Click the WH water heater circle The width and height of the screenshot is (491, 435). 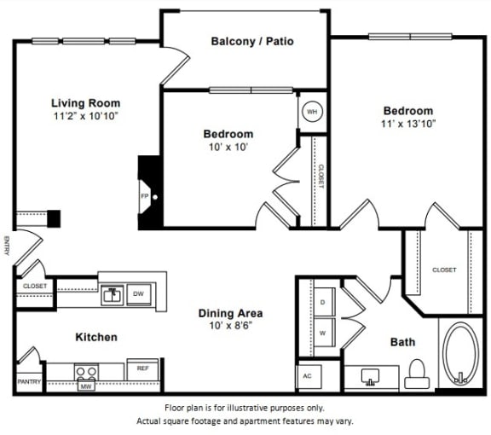(312, 112)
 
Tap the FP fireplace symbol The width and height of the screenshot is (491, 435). (145, 195)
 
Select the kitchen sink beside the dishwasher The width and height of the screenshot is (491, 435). (112, 296)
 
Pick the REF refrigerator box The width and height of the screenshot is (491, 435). (142, 368)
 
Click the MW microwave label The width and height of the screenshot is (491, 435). (86, 386)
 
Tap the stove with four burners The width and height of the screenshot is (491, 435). (86, 372)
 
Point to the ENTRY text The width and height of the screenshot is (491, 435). (8, 246)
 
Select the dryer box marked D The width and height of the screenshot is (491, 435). (323, 302)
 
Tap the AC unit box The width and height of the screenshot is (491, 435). (308, 376)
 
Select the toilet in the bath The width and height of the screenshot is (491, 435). (416, 370)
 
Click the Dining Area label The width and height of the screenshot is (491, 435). (229, 312)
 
